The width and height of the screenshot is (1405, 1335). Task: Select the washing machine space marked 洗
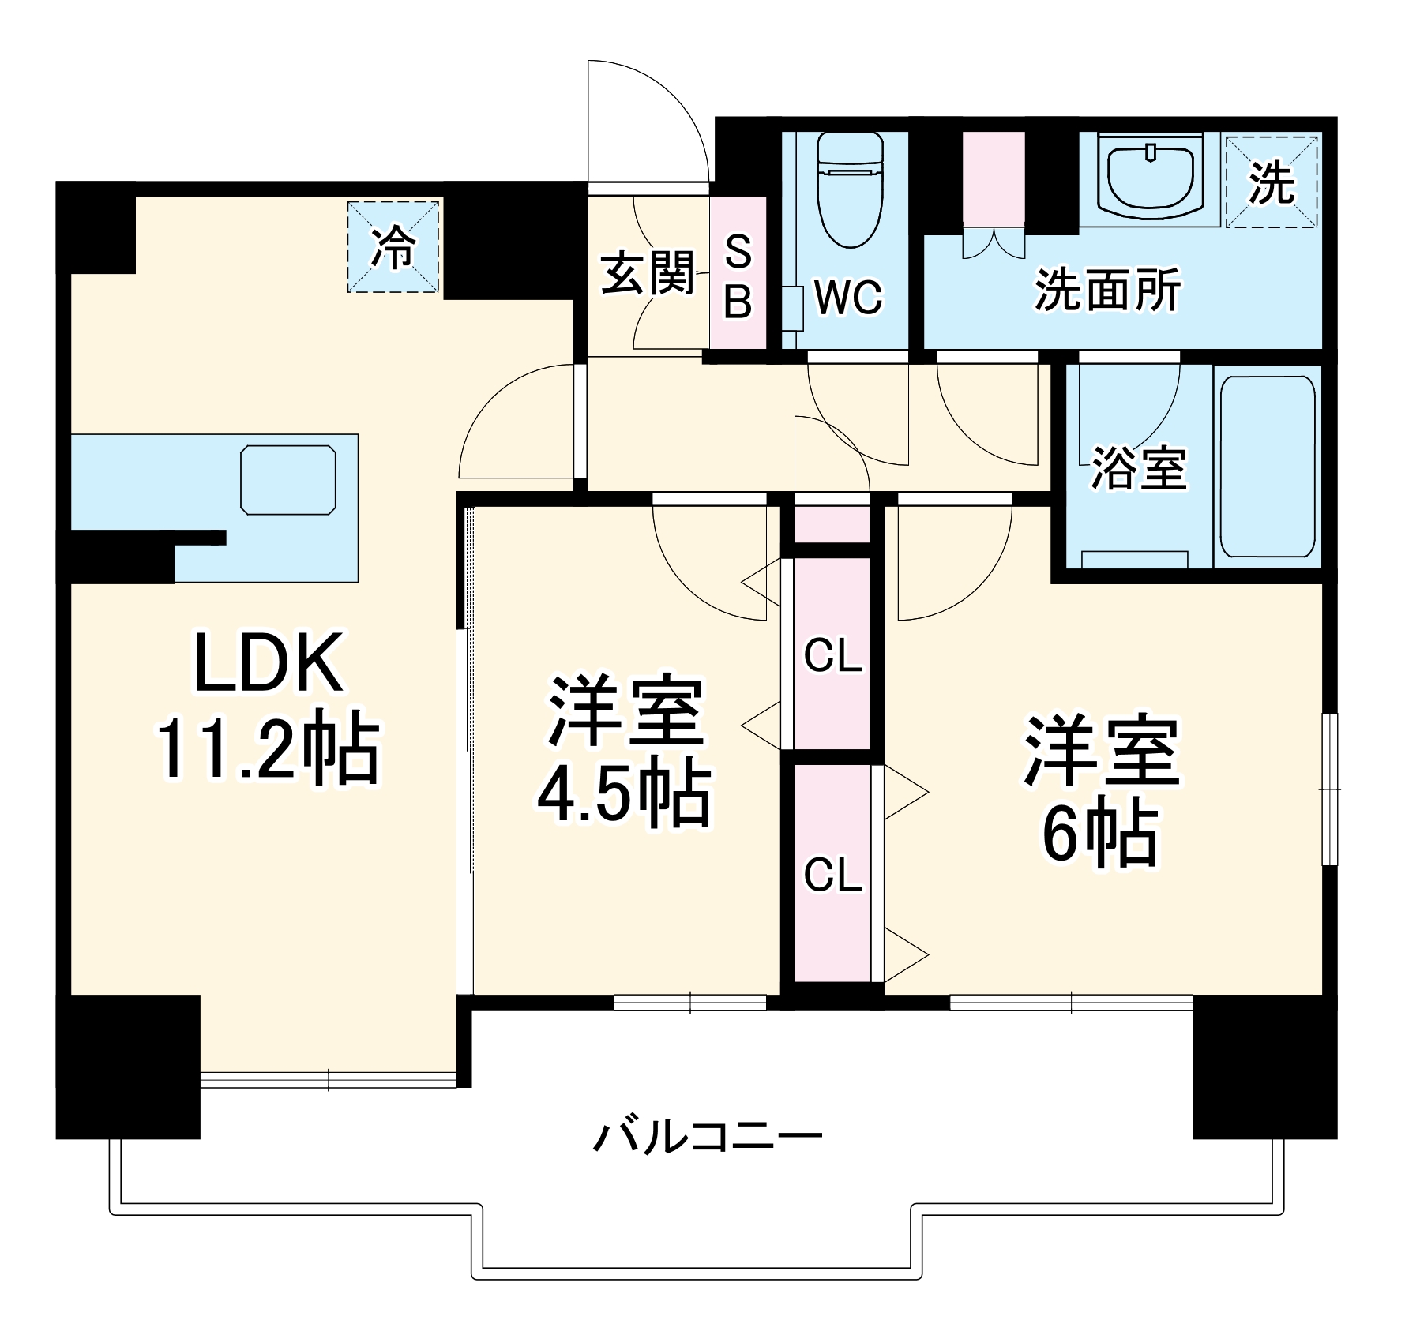[x=1271, y=182]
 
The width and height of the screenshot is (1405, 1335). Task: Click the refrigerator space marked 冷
[x=393, y=246]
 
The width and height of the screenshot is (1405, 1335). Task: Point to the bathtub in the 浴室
[x=1267, y=466]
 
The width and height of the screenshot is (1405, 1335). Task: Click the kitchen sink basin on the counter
[x=288, y=479]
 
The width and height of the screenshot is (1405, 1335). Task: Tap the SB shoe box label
[x=738, y=276]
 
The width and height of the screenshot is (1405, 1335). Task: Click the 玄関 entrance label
[x=647, y=274]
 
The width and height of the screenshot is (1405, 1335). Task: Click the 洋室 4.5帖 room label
[x=624, y=750]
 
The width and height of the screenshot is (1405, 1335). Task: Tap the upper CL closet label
[x=832, y=655]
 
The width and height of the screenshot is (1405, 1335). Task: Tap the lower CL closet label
[x=832, y=874]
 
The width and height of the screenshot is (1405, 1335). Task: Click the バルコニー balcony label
[x=707, y=1137]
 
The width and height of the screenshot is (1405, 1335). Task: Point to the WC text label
[x=848, y=298]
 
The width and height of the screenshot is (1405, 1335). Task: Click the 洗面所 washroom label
[x=1107, y=291]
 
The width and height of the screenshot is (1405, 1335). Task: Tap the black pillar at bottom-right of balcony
[x=1264, y=1066]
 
